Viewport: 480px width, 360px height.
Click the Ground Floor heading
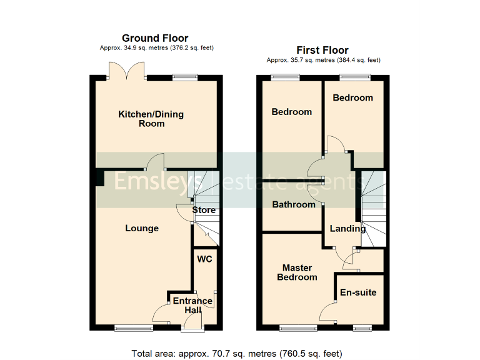[155, 38]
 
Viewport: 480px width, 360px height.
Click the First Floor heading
[323, 50]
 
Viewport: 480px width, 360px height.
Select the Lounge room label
[142, 228]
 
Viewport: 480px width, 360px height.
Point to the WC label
[204, 259]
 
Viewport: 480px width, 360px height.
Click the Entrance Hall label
[192, 305]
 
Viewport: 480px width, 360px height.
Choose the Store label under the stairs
[204, 210]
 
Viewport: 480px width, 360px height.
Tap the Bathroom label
[294, 204]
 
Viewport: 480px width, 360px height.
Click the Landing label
[347, 228]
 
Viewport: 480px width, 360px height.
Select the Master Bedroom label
[297, 272]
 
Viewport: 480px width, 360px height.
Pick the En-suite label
[358, 292]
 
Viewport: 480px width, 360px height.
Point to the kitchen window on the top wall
[184, 77]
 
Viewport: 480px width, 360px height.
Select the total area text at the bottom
[237, 353]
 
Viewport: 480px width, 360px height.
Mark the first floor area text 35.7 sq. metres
[323, 60]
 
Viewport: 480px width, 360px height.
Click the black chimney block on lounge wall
[99, 178]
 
